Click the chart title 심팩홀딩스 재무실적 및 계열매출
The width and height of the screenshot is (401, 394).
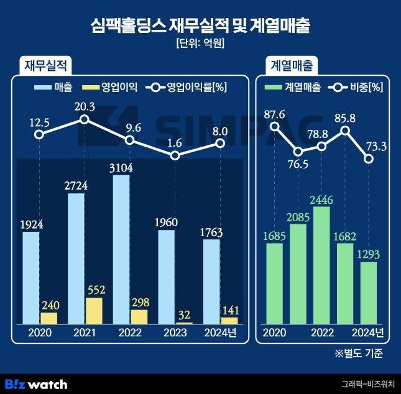tap(200, 25)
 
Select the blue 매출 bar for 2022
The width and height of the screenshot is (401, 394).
tap(121, 249)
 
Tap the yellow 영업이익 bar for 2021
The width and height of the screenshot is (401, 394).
tap(94, 311)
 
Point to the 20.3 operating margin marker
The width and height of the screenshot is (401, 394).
tap(85, 119)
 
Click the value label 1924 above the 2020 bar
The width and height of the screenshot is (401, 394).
tap(30, 224)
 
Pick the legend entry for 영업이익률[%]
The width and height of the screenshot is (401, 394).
tap(186, 87)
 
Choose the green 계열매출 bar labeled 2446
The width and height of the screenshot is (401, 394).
tap(321, 265)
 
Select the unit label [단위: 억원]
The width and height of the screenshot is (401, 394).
tap(200, 44)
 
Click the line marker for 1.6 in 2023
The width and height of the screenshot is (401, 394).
tap(175, 155)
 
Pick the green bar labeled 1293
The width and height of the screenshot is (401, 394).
tap(369, 292)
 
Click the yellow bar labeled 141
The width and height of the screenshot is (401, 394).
tap(229, 320)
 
